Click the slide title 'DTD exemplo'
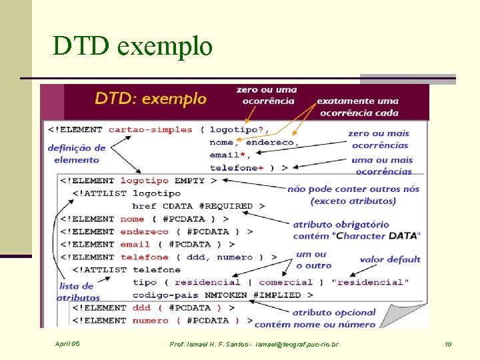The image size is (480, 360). point(133,47)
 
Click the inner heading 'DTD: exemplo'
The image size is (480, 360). point(151,99)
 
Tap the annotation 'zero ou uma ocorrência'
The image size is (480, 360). point(267,95)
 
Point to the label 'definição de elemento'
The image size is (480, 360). point(77,153)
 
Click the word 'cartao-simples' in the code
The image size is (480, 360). point(150,129)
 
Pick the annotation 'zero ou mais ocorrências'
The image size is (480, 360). point(378,139)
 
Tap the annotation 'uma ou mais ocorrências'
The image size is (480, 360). point(381,165)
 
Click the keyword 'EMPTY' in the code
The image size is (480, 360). point(189,180)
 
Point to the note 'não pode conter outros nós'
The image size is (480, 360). point(353,189)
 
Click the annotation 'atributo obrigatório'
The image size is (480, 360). point(341,225)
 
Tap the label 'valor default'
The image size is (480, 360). point(390,259)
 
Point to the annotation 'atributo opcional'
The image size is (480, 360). point(334,312)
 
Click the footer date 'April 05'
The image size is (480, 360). point(67,344)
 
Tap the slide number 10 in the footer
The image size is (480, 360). point(447,344)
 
